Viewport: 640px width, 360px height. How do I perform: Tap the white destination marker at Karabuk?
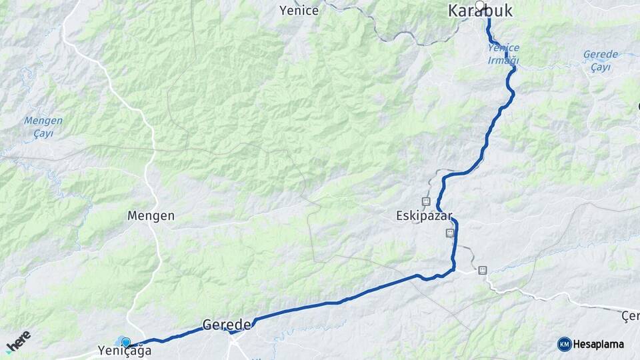coord(479,5)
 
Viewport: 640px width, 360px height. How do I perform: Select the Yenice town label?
coord(299,10)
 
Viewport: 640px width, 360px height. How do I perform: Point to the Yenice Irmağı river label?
coord(503,54)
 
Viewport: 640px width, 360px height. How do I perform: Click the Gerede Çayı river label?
coord(600,59)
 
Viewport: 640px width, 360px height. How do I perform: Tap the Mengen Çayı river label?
coord(43,127)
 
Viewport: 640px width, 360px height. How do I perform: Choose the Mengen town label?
coord(151,216)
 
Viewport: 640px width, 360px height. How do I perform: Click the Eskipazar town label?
coord(425,217)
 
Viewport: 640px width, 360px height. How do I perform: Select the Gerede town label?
coord(226,325)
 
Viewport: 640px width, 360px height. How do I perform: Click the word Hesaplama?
coord(599,344)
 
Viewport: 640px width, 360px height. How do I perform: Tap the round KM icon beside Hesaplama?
coord(564,344)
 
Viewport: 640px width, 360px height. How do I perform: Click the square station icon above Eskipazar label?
coord(425,201)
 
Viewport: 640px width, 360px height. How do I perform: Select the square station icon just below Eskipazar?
coord(450,233)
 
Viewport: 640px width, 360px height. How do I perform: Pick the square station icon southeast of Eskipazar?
coord(481,270)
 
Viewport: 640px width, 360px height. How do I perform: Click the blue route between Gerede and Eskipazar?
coord(333,303)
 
